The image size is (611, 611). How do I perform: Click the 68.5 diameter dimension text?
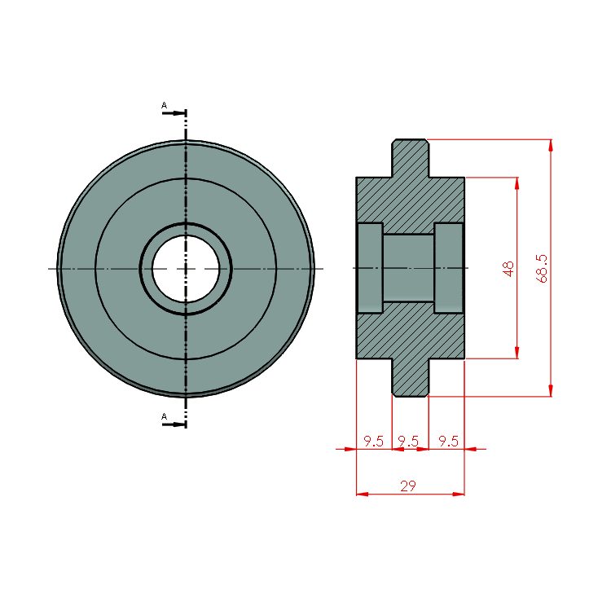pos(542,269)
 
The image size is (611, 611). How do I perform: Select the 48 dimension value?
pos(508,269)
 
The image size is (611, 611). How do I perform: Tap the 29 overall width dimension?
pos(408,486)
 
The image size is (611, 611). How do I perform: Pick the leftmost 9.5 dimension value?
pos(374,441)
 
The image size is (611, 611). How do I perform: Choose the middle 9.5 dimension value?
pos(408,441)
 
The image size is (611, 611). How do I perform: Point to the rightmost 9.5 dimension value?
pos(449,441)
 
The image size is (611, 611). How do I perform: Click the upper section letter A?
pos(164,105)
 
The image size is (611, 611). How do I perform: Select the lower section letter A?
pos(164,416)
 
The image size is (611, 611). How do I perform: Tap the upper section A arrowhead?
pos(179,113)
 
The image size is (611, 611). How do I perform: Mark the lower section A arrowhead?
pos(179,424)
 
